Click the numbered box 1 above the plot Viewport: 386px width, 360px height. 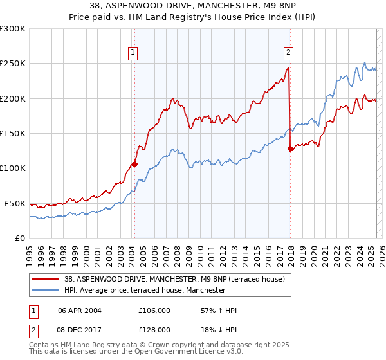(133, 53)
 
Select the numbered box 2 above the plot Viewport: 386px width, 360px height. (288, 53)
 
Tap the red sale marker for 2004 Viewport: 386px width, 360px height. (134, 164)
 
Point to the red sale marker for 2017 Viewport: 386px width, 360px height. (290, 148)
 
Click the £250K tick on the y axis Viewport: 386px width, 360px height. (14, 64)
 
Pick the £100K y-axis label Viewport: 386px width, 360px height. (14, 168)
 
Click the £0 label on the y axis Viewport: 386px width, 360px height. (19, 238)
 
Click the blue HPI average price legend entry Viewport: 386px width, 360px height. (145, 290)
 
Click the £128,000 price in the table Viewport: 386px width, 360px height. (154, 329)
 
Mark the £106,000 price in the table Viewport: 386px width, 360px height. (154, 310)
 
